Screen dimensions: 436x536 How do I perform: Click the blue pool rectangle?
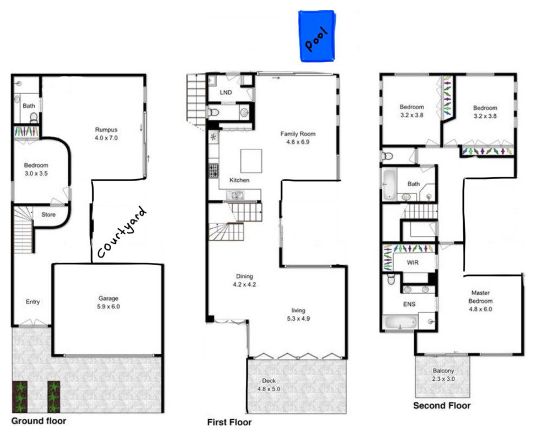tap(318, 36)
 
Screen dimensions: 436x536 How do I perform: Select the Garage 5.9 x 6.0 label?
tap(108, 302)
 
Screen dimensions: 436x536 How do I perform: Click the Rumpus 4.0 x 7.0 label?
tap(106, 134)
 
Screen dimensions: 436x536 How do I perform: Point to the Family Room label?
tap(297, 137)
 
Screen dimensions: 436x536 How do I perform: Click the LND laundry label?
tap(226, 93)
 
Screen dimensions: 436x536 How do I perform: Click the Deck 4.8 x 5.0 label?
tap(269, 384)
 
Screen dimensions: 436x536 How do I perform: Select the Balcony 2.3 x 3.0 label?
tap(443, 374)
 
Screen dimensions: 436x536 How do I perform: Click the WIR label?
tap(414, 262)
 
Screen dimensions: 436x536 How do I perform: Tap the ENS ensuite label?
tap(409, 304)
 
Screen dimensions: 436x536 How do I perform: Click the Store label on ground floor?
tap(48, 215)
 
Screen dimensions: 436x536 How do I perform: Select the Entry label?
tap(33, 302)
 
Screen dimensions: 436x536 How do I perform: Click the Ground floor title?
tap(38, 420)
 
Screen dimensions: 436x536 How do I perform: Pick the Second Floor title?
tap(442, 405)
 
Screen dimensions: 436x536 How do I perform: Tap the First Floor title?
tap(229, 422)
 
